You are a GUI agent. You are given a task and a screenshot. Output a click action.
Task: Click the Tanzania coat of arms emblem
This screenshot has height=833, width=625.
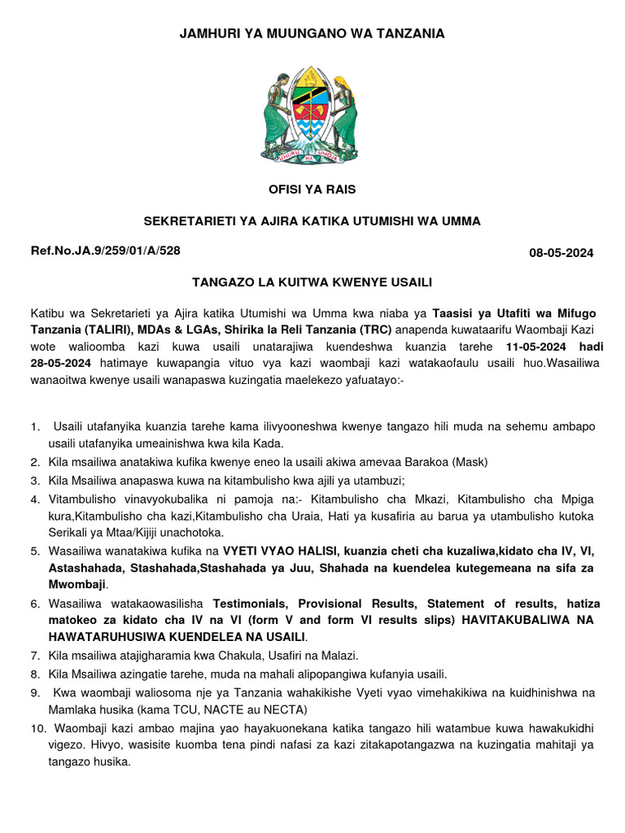click(x=312, y=113)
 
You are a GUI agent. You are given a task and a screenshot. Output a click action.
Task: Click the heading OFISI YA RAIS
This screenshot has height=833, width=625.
click(x=312, y=190)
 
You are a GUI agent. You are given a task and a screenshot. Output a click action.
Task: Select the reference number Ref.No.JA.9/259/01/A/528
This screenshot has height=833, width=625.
click(x=106, y=251)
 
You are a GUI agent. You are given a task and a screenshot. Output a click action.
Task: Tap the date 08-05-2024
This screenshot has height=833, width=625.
click(x=561, y=253)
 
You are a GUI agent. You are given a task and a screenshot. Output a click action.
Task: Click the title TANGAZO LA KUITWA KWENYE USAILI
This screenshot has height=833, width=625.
click(x=312, y=282)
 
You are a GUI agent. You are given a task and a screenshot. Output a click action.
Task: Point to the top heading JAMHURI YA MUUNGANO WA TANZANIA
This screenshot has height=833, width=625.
click(x=312, y=33)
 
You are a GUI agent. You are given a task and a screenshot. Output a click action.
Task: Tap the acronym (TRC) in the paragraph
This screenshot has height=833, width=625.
click(x=372, y=329)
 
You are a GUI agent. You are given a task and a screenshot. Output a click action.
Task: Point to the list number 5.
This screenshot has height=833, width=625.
click(x=35, y=551)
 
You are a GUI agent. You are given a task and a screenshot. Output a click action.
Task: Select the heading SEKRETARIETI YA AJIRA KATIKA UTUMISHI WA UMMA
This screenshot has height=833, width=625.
click(x=312, y=220)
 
